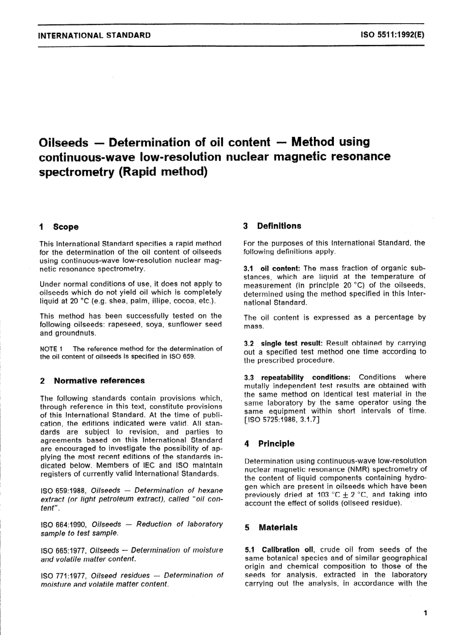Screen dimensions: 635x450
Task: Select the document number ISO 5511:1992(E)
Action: [x=393, y=35]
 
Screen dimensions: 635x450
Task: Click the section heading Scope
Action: [x=66, y=227]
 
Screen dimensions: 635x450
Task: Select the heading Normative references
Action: [x=99, y=381]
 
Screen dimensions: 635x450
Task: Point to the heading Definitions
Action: [x=279, y=226]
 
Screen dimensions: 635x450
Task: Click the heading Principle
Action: [x=276, y=444]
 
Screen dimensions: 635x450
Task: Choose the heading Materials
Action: [x=278, y=528]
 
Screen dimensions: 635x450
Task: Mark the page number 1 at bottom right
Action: [x=425, y=613]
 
